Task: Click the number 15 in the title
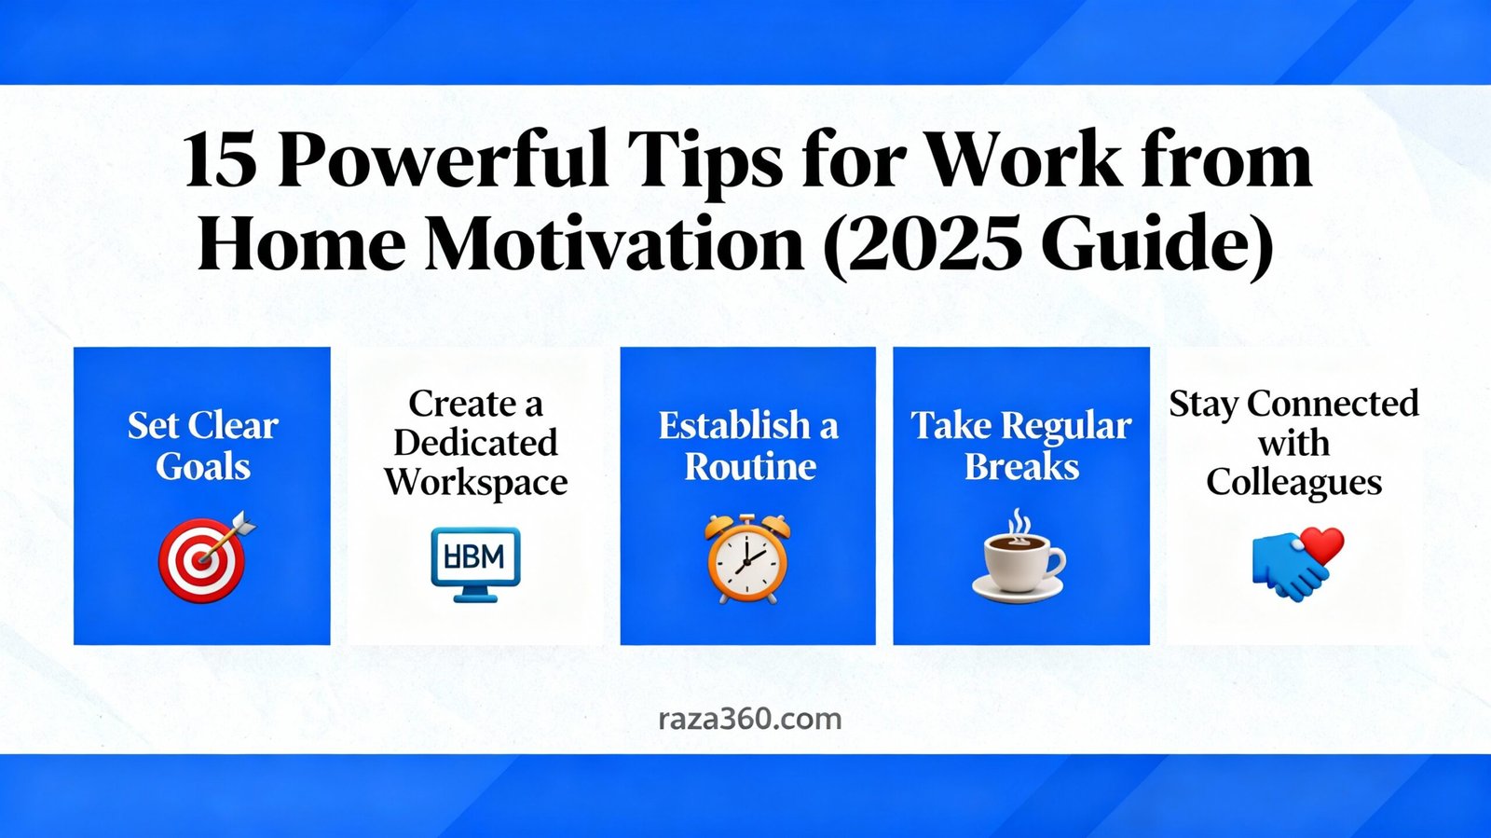(x=220, y=160)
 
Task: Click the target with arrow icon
(x=205, y=556)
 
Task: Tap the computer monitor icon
(x=475, y=563)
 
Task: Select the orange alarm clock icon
(x=747, y=557)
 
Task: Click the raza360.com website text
(x=749, y=719)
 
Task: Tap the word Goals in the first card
(x=203, y=466)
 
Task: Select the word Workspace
(x=475, y=483)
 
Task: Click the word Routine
(x=750, y=466)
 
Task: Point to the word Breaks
(x=1021, y=466)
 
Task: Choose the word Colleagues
(x=1293, y=483)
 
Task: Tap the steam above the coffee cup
(x=1021, y=525)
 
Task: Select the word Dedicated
(x=475, y=443)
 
